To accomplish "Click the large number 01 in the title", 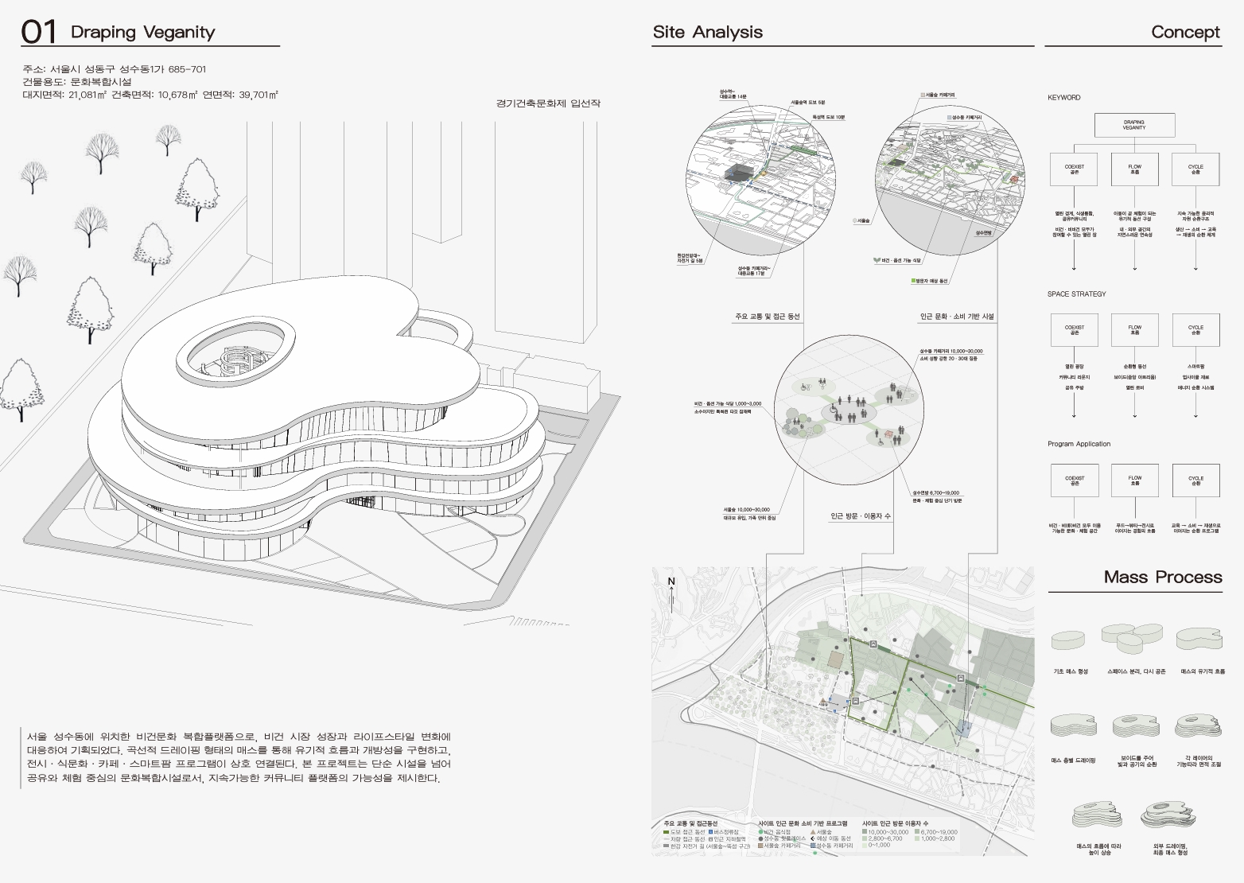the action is (39, 32).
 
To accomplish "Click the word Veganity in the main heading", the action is (179, 32).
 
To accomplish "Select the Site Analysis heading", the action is (707, 32).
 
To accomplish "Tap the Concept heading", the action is (1185, 32).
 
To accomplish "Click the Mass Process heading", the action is (1162, 577).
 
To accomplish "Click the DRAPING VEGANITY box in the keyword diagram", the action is (1133, 125).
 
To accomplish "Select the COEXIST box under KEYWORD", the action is (1074, 169).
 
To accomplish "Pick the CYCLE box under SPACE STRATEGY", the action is (1195, 329).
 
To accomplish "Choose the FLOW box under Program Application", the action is (1135, 480).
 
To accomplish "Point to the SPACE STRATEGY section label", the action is (1076, 294).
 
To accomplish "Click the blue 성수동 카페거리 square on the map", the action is (964, 728).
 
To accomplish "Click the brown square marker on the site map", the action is (834, 660).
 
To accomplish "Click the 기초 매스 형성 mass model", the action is (1070, 640).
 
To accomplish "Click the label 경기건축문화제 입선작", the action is (547, 103).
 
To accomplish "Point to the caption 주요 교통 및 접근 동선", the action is (767, 317).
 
